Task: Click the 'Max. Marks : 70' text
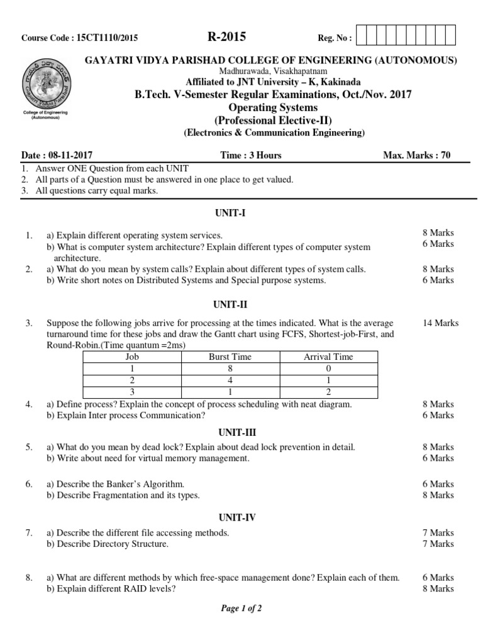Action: click(x=416, y=155)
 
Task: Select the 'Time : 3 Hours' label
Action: click(x=251, y=155)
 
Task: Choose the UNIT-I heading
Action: click(x=233, y=213)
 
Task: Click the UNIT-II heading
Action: click(x=233, y=305)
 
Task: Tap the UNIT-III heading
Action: click(x=236, y=432)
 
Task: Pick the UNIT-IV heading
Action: click(x=236, y=517)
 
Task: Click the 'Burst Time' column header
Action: click(x=230, y=357)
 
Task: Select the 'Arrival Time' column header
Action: click(x=328, y=357)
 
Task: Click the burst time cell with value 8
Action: click(x=230, y=368)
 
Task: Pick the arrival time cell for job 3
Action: click(x=328, y=392)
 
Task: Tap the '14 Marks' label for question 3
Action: click(x=441, y=323)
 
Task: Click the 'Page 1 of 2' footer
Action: click(x=241, y=608)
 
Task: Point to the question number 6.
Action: click(x=28, y=484)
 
